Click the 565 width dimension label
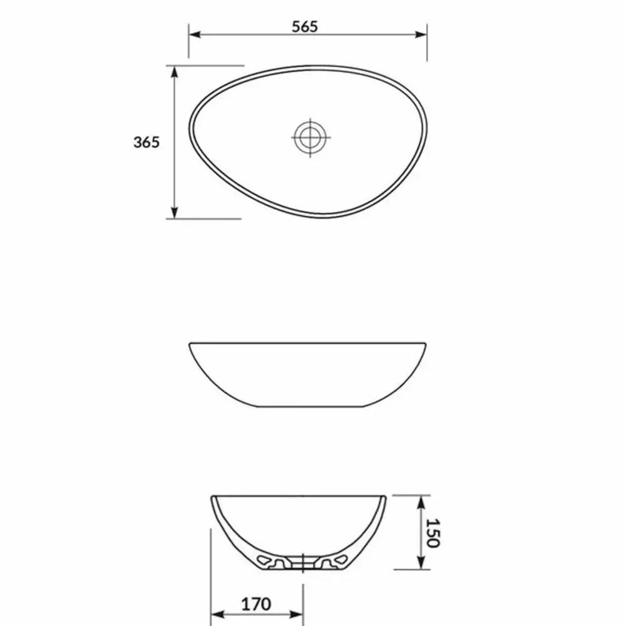(305, 27)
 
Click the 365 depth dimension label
(146, 142)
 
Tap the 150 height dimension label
(433, 533)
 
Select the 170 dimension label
(256, 604)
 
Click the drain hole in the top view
(310, 137)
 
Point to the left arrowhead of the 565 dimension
(195, 34)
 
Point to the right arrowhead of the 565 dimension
(421, 34)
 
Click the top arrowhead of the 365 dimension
(174, 72)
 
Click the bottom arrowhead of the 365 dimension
(174, 213)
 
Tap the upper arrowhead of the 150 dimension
(421, 502)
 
